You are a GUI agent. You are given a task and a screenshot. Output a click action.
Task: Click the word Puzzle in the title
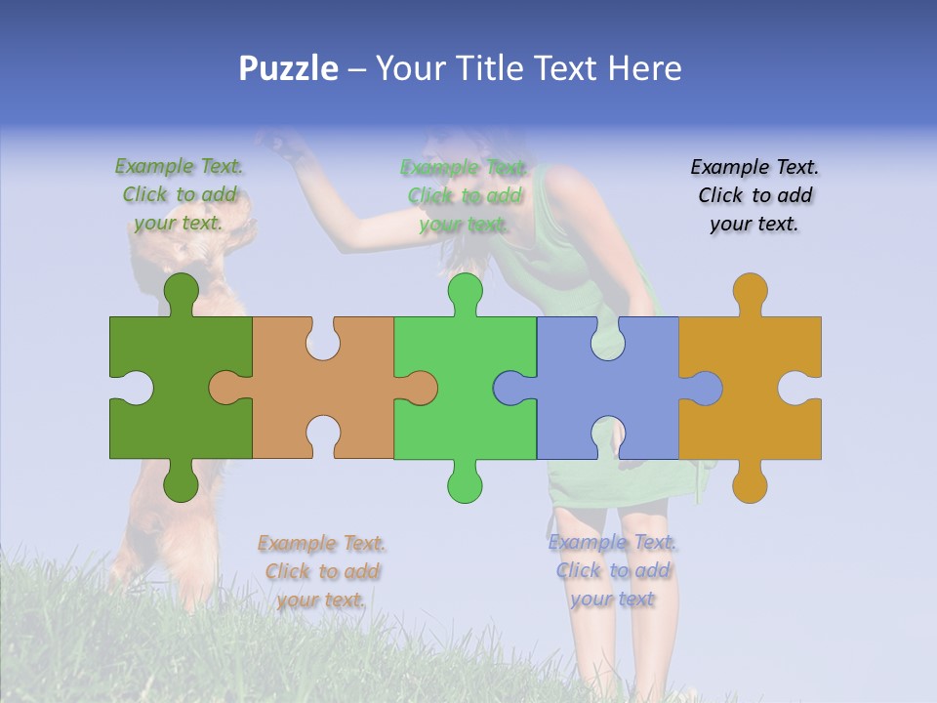point(289,68)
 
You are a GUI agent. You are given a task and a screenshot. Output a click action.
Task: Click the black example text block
point(754,195)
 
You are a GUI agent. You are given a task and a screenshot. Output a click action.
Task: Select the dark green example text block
point(180,194)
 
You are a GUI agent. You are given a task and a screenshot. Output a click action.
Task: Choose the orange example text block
point(322,571)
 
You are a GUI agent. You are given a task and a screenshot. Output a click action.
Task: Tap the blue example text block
point(613,570)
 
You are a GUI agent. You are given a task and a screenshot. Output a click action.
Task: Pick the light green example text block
point(465,195)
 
